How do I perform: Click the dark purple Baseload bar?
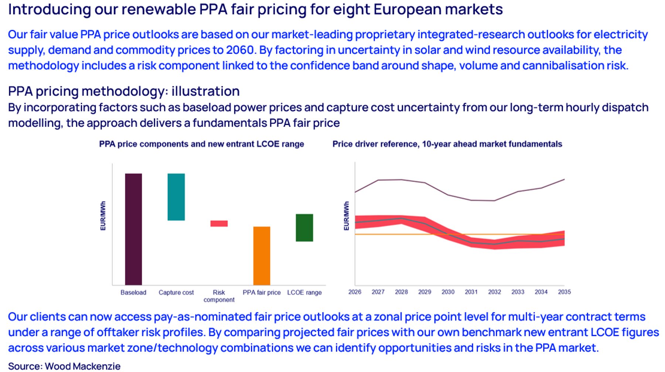coord(133,229)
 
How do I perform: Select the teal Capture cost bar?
coord(176,197)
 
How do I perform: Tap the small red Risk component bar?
coord(219,223)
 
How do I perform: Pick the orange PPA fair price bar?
coord(262,255)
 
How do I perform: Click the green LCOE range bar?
coord(304,228)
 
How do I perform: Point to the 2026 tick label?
coord(355,292)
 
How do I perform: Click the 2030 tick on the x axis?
coord(448,292)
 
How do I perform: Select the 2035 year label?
coord(564,292)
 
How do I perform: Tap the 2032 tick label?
coord(494,292)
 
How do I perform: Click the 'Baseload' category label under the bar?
coord(133,293)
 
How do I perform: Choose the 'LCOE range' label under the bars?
coord(304,293)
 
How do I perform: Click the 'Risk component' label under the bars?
coord(219,296)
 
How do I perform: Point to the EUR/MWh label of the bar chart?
coord(103,216)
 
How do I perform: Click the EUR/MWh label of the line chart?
coord(347,216)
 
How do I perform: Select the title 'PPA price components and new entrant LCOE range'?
coord(201,144)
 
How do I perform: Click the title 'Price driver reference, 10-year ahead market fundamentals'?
coord(447,144)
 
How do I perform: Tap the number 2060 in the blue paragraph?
coord(239,50)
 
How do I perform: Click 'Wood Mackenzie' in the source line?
coord(82,366)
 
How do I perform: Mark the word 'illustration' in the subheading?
coord(205,91)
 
